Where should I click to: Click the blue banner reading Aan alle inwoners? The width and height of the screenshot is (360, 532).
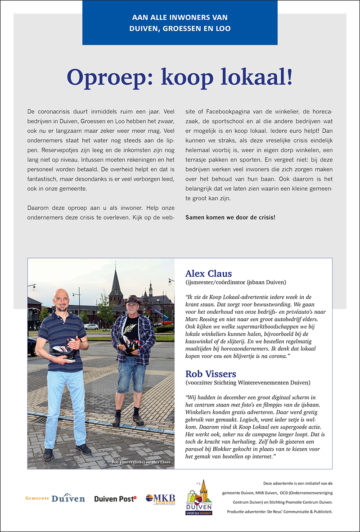pos(180,23)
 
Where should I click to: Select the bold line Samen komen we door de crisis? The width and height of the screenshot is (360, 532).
pos(230,217)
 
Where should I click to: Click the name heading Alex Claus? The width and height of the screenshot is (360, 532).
pos(208,274)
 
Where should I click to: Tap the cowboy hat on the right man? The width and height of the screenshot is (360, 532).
pos(133,300)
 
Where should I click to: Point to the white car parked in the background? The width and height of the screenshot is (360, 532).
pos(91,327)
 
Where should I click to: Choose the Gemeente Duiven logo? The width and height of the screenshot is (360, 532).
pos(55,498)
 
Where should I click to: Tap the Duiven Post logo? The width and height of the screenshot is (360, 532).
pos(115,499)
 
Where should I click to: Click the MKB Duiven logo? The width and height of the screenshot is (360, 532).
pos(160,499)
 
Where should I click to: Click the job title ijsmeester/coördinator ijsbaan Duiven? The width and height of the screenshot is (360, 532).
pos(235,282)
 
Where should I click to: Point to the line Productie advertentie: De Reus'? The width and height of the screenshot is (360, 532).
pos(279,512)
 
